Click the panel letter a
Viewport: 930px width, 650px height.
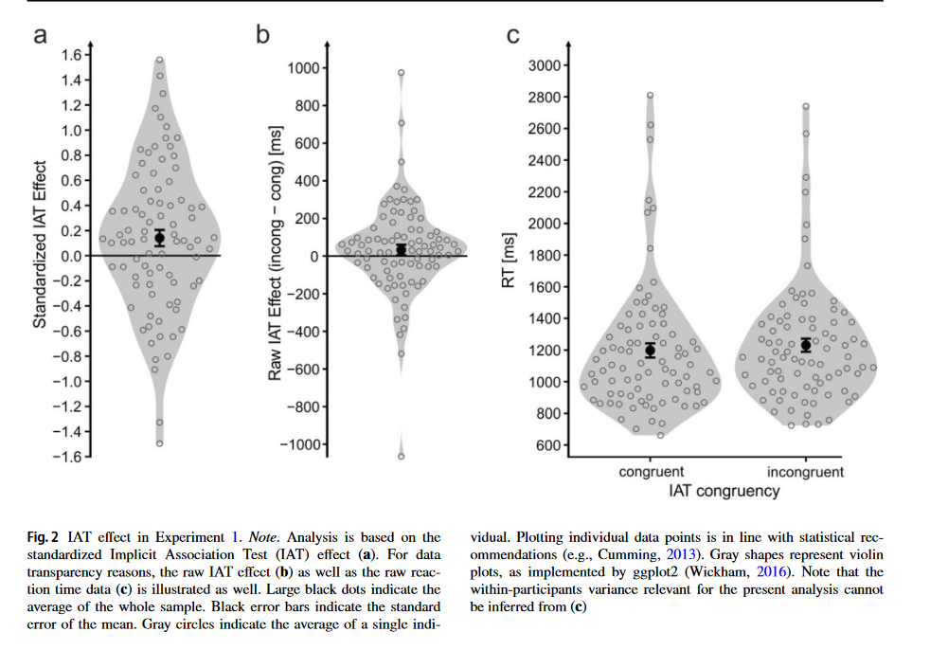pos(40,37)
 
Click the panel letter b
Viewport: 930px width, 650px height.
pos(263,36)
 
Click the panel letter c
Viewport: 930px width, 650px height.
pos(514,37)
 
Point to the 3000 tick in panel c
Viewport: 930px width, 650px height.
pos(551,65)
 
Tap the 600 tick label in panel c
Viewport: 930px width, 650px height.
pos(554,445)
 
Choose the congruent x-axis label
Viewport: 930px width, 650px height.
pos(651,471)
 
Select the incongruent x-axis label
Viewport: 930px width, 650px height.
pos(806,471)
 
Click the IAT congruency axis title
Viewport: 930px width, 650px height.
pos(724,491)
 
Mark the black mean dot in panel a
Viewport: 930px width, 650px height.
pos(159,238)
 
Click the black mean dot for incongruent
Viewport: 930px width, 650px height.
pos(806,345)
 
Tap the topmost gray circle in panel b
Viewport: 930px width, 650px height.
pos(402,73)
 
